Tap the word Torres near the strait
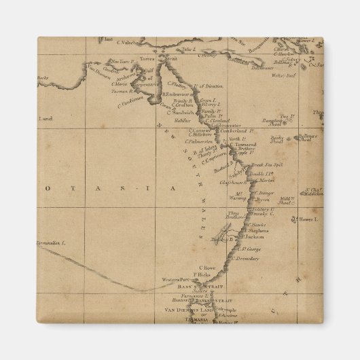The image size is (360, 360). pyautogui.click(x=147, y=59)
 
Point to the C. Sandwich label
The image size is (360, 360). pyautogui.click(x=185, y=112)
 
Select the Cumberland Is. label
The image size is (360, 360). pyautogui.click(x=244, y=130)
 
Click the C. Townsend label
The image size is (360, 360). pyautogui.click(x=242, y=144)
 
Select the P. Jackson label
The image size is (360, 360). pyautogui.click(x=253, y=237)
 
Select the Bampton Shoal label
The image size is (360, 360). pyautogui.click(x=291, y=122)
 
